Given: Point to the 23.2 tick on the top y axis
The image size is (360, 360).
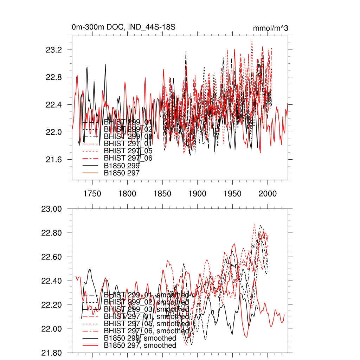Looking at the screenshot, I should click(x=54, y=50).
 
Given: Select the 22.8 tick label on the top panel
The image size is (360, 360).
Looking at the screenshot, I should click(x=54, y=77).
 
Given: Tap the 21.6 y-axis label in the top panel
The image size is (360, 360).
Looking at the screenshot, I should click(x=54, y=160).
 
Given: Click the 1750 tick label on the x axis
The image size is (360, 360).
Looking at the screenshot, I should click(x=92, y=194).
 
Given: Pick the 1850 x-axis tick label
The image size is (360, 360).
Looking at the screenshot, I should click(x=162, y=194).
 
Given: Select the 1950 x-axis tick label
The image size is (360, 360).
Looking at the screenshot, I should click(x=232, y=194).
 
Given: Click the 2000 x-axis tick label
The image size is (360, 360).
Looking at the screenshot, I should click(x=268, y=194).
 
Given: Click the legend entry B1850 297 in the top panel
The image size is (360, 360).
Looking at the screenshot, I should click(x=122, y=173).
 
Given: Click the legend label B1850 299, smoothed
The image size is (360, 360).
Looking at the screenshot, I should click(x=140, y=338).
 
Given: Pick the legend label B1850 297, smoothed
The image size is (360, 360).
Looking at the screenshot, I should click(x=140, y=346).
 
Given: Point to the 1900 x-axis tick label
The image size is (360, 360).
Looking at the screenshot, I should click(x=197, y=194).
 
